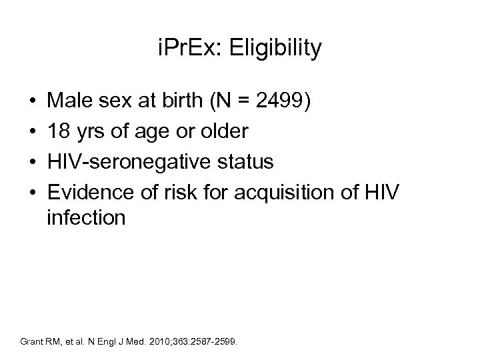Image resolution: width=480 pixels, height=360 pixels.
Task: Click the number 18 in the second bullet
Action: (x=58, y=133)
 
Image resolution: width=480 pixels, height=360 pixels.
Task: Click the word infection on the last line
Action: (x=85, y=218)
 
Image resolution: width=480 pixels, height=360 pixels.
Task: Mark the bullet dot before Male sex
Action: (x=33, y=105)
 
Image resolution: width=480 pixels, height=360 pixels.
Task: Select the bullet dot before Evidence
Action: (x=33, y=191)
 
